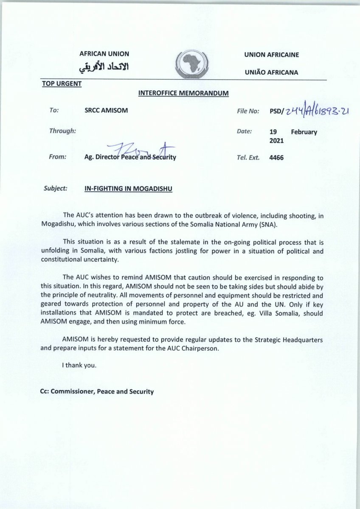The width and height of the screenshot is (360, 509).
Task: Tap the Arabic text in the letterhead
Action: click(x=104, y=67)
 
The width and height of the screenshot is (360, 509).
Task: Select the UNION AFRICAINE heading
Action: click(x=272, y=55)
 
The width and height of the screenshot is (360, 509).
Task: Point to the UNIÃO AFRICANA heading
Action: click(x=271, y=72)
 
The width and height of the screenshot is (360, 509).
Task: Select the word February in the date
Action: click(x=304, y=132)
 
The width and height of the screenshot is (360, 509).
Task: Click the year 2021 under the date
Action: click(x=276, y=140)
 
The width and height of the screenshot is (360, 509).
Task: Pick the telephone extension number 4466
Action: click(x=276, y=157)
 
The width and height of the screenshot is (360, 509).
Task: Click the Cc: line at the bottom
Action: click(x=96, y=392)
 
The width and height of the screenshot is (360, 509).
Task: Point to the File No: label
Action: click(x=248, y=111)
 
